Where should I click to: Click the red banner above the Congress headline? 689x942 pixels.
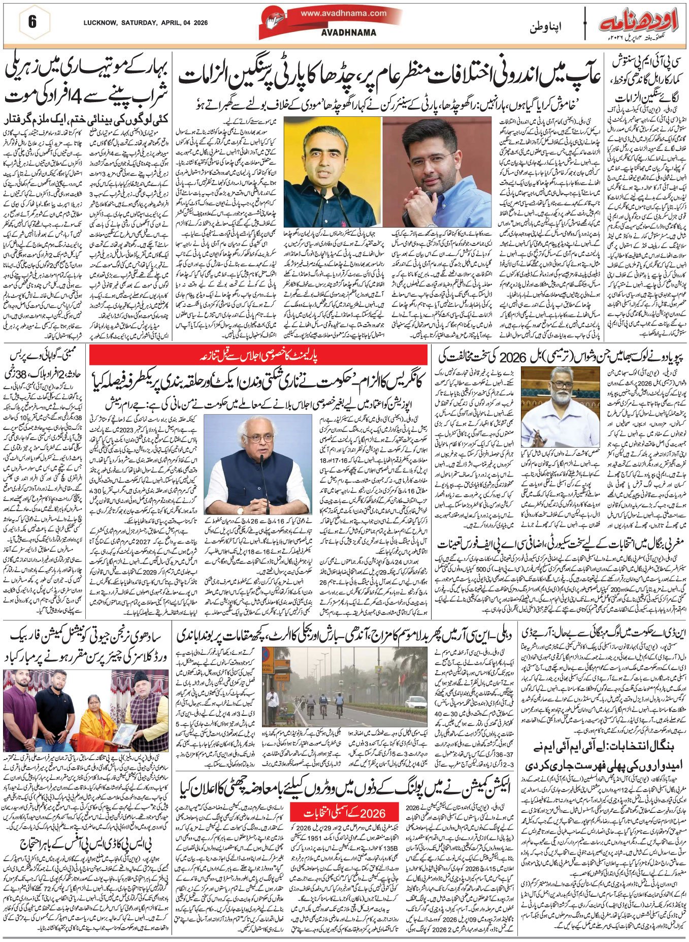pos(258,355)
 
